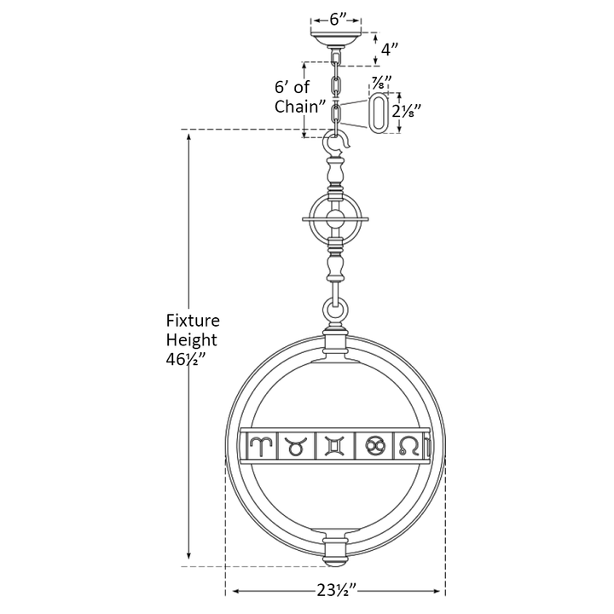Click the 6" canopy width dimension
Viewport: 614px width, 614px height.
336,20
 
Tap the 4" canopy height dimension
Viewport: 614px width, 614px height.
389,49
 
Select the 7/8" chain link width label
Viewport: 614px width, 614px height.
379,83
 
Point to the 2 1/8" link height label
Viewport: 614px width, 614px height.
407,113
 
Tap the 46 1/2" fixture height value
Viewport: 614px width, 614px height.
185,359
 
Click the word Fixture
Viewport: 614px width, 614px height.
193,321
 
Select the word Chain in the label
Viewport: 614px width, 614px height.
298,106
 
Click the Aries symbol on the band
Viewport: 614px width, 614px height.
259,446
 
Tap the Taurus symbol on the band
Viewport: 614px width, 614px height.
295,447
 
